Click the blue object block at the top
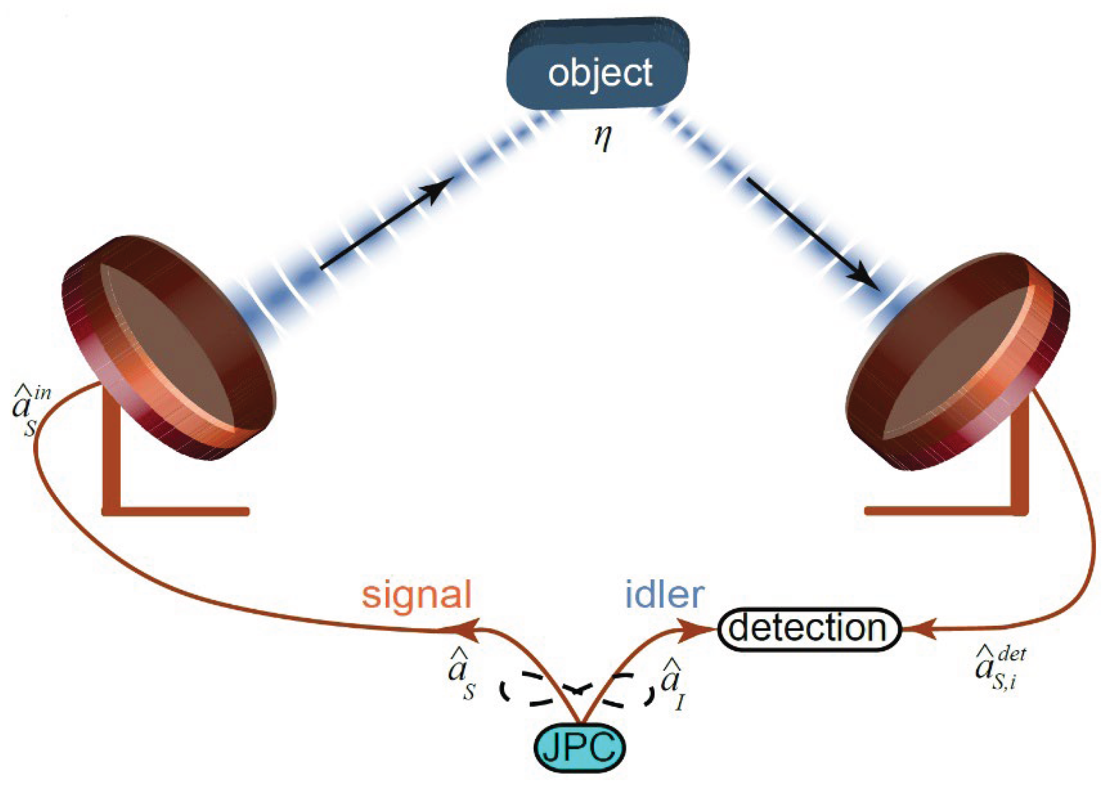[597, 66]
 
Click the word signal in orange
[416, 596]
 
